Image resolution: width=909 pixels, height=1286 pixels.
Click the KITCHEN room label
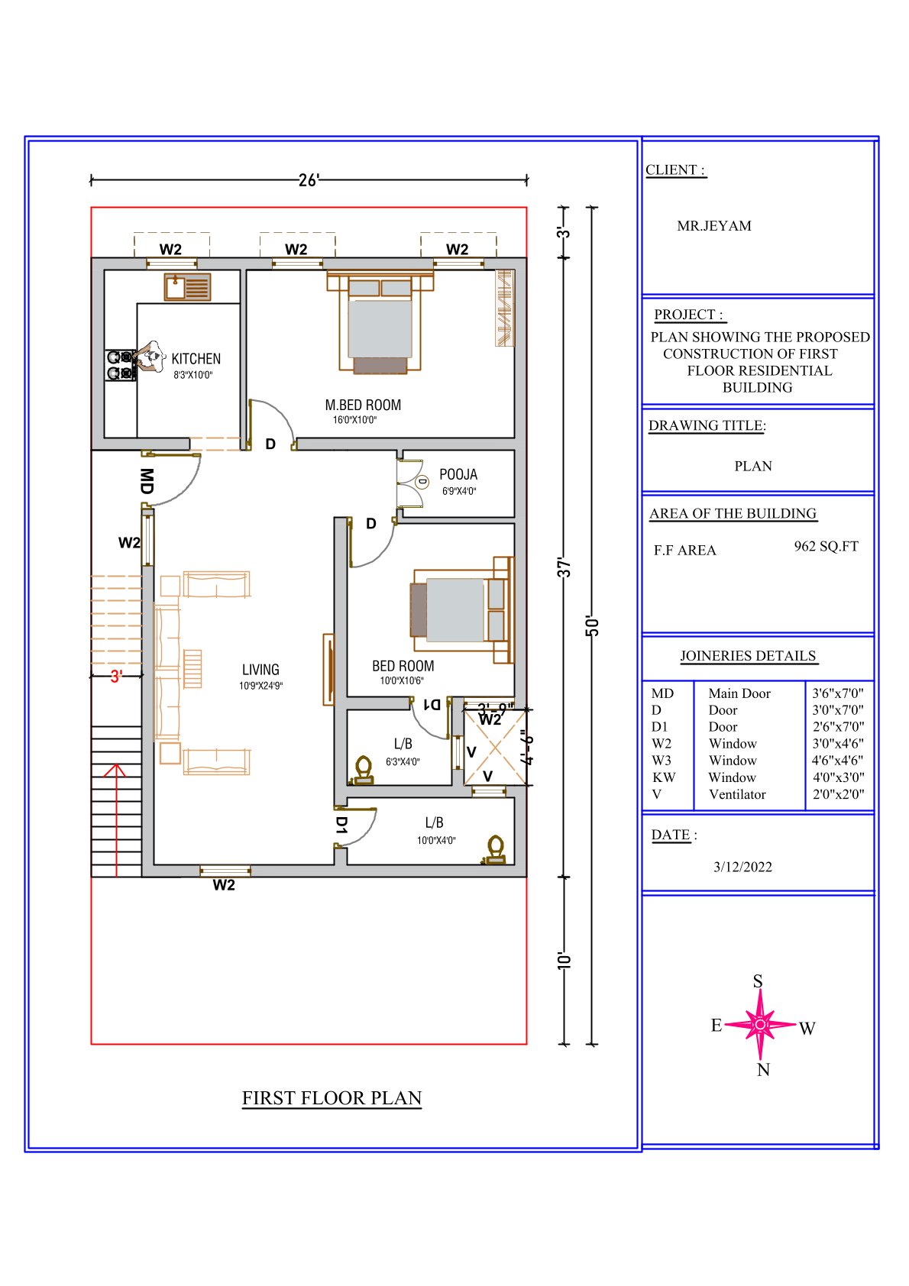point(196,359)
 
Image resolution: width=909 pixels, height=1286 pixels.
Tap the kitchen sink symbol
point(187,286)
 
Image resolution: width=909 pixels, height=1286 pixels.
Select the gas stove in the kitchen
point(121,365)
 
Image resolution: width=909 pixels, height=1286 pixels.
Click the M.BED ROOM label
point(363,405)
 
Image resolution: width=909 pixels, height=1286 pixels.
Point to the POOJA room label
point(458,474)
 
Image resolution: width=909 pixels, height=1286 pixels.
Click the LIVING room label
point(260,670)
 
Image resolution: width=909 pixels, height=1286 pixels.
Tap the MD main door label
point(147,481)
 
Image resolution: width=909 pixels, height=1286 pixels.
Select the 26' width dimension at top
point(309,180)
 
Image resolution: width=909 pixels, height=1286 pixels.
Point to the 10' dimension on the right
point(564,961)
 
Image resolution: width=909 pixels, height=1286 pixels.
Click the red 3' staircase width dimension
point(116,677)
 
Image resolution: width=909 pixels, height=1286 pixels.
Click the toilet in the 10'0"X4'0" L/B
point(495,850)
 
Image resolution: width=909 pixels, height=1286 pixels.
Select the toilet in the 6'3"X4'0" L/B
point(363,770)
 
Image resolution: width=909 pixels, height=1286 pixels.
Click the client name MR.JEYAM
point(713,225)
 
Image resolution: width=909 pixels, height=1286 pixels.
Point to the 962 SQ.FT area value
point(826,546)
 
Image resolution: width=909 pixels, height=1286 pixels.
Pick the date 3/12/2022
point(742,866)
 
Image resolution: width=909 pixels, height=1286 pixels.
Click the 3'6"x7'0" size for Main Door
point(837,693)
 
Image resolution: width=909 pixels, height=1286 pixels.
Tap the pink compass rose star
point(760,1023)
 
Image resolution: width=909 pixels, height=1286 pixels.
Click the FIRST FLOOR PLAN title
point(332,1097)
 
